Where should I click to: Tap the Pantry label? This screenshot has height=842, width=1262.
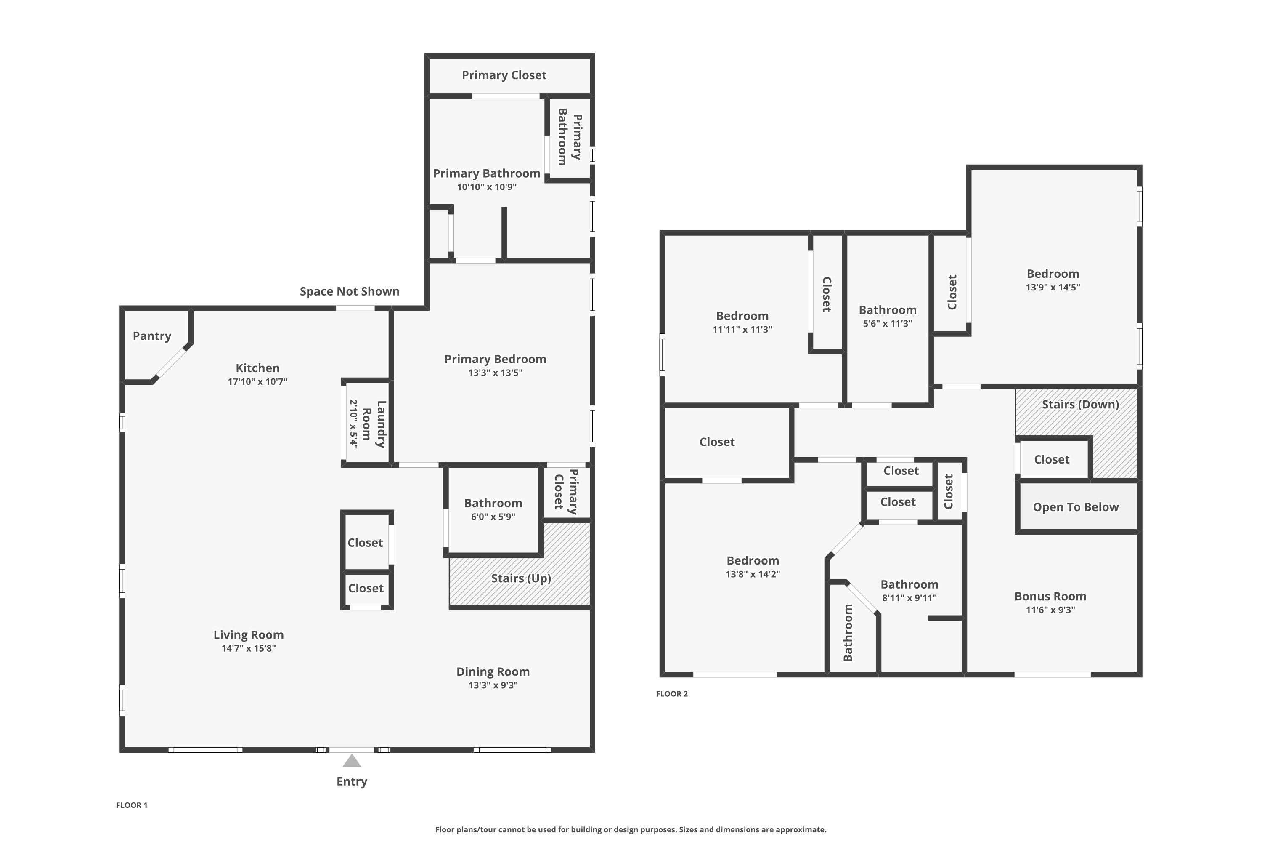152,336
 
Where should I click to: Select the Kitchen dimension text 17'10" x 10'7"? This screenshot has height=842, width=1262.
257,382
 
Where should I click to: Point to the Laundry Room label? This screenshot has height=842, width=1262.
374,424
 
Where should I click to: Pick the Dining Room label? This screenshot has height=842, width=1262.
493,672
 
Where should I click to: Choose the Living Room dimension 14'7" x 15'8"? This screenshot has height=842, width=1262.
249,648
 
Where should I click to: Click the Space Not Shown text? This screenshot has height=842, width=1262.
349,292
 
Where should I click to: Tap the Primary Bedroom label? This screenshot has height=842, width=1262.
495,359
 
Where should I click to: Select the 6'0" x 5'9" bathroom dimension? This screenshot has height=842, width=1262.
493,517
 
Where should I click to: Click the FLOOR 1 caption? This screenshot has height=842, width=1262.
131,805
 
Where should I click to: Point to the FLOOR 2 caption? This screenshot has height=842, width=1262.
672,694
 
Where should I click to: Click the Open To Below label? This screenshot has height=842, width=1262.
1076,507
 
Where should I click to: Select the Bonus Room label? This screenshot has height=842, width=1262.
1050,596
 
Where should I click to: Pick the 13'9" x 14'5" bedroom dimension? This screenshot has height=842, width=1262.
1053,287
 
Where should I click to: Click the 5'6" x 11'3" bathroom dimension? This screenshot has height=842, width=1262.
888,324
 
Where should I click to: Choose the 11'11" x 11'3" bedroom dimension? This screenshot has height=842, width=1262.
742,330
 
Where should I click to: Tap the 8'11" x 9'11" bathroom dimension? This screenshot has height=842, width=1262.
909,598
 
